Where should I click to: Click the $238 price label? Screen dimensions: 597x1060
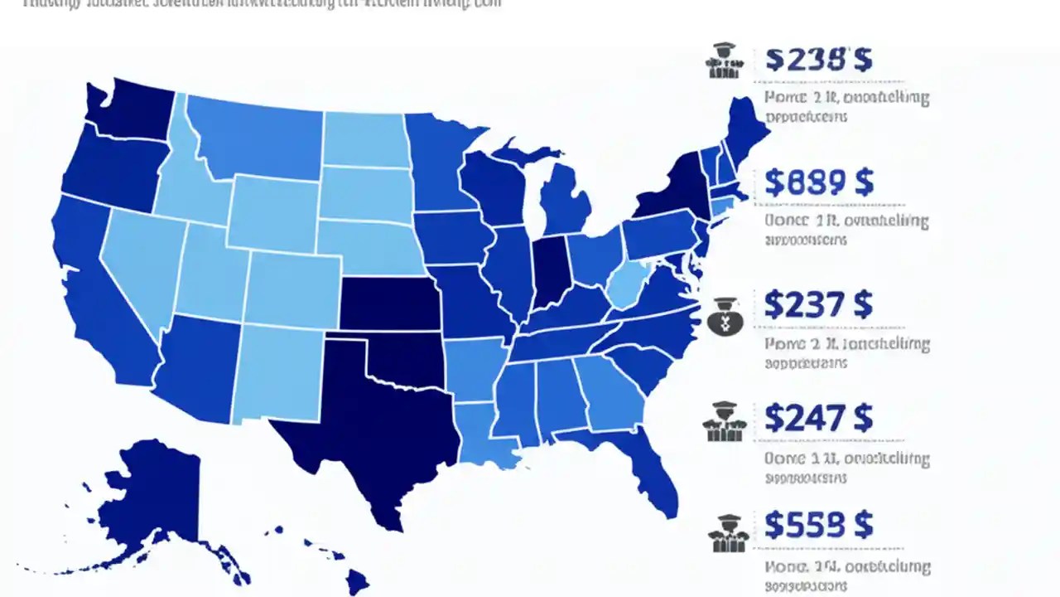pyautogui.click(x=818, y=60)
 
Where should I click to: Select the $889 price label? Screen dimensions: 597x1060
pyautogui.click(x=818, y=182)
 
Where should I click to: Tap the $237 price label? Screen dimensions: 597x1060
pyautogui.click(x=818, y=305)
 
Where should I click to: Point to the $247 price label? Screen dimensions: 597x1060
pyautogui.click(x=818, y=417)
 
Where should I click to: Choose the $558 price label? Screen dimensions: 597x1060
pyautogui.click(x=818, y=524)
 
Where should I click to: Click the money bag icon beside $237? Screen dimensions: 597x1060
pyautogui.click(x=725, y=315)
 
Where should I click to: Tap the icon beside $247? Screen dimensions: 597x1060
pyautogui.click(x=724, y=420)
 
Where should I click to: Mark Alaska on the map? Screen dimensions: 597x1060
pyautogui.click(x=157, y=498)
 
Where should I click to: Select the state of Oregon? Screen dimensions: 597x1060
pyautogui.click(x=108, y=170)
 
